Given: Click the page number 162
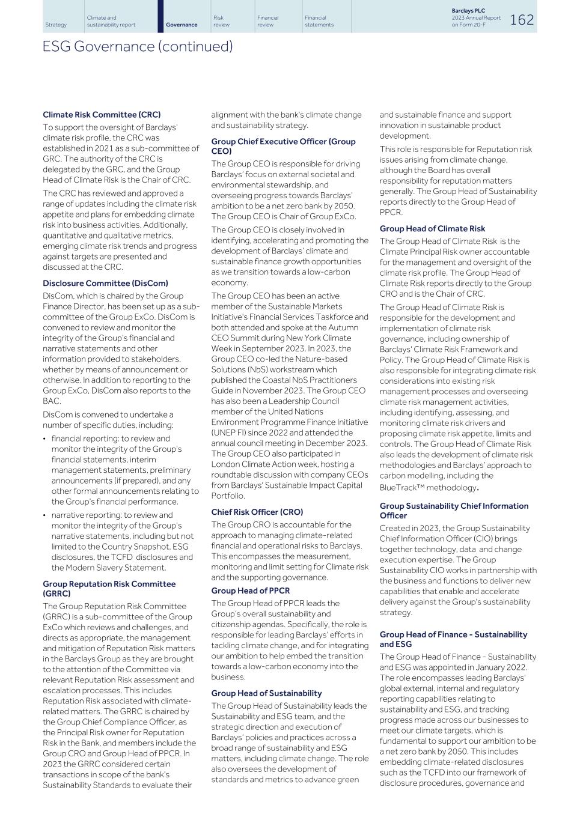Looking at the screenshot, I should tap(521, 20).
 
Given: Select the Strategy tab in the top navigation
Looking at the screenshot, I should tap(56, 25).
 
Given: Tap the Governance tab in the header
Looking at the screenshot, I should tap(182, 25).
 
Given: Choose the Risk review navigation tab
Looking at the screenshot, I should tap(221, 21).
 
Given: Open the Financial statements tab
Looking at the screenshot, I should tap(319, 21).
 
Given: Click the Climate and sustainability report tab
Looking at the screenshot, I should tap(111, 21).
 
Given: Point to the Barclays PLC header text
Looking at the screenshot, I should tap(468, 11).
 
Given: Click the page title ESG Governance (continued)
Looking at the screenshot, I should tap(138, 46).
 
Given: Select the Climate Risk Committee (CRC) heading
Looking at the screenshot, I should tap(102, 115).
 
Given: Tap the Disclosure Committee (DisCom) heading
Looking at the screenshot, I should tap(105, 284).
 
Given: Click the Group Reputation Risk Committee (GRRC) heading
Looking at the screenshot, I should tap(109, 589).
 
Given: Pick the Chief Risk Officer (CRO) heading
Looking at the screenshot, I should tap(257, 512).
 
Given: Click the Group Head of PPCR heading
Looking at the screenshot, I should tap(250, 591).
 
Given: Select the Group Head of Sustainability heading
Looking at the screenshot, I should tap(266, 693).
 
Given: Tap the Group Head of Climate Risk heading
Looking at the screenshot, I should tap(432, 229).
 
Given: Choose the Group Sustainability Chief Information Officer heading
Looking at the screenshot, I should tap(454, 511).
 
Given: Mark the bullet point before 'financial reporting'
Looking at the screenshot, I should tap(45, 439).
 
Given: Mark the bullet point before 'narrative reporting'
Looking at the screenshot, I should tap(45, 515).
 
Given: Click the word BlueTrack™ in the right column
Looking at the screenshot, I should tap(401, 488).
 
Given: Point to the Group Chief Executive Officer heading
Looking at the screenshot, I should tap(283, 146).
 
